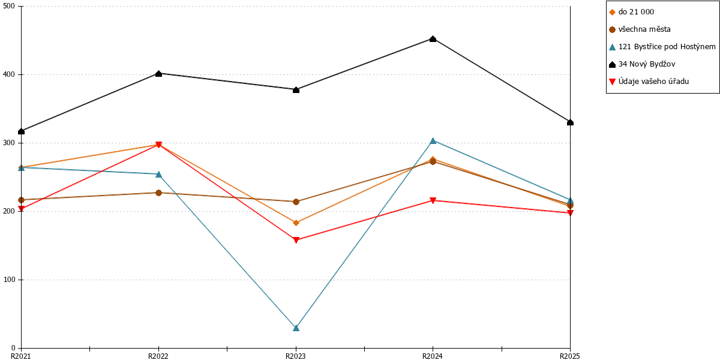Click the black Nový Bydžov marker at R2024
click(433, 39)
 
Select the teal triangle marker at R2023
click(296, 328)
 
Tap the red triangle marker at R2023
click(296, 240)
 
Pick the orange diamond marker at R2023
click(296, 223)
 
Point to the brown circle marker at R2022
click(158, 193)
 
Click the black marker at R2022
click(158, 74)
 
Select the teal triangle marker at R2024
click(433, 141)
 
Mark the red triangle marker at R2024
click(433, 200)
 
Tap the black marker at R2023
click(296, 89)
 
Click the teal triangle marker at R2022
click(158, 175)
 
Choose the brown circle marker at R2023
click(296, 202)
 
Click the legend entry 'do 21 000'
click(632, 12)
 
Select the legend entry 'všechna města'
click(640, 29)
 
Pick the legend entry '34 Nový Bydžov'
click(642, 64)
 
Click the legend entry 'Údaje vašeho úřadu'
click(649, 82)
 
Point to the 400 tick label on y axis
click(10, 74)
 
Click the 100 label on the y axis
click(10, 280)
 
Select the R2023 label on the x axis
click(296, 356)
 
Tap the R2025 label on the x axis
click(570, 356)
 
